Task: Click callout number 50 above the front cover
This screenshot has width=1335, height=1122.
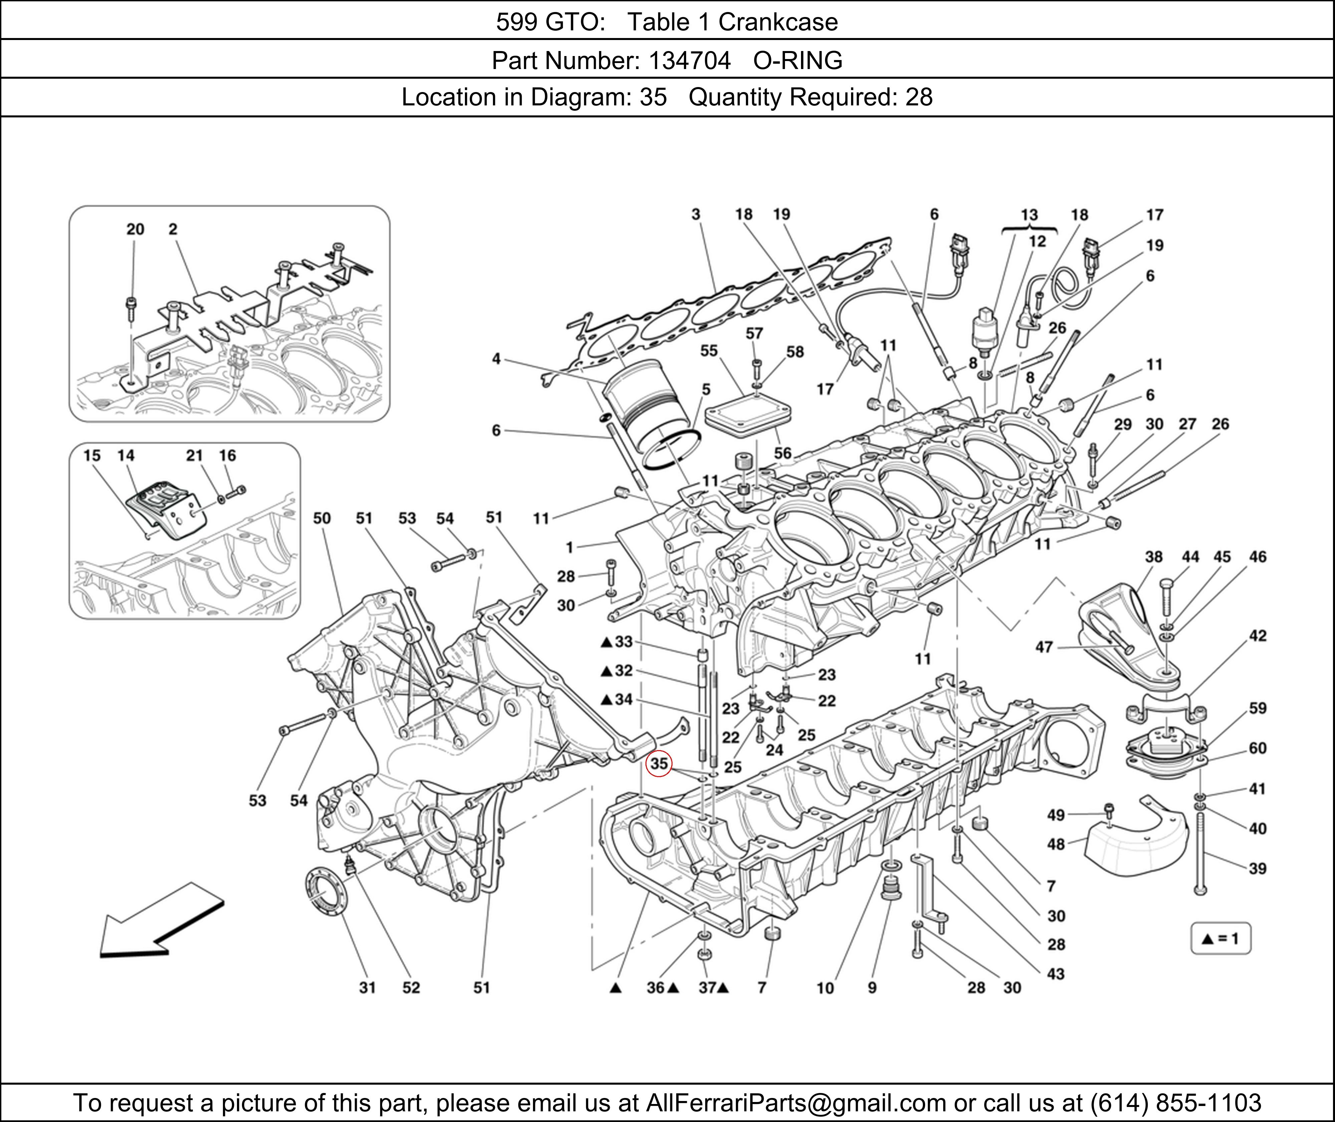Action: (322, 518)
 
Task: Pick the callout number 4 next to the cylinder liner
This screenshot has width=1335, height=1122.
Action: (496, 359)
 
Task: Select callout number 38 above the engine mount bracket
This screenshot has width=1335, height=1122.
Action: (1154, 557)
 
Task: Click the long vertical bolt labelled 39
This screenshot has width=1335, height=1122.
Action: (1200, 856)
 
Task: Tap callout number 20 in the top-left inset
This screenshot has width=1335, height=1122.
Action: (135, 229)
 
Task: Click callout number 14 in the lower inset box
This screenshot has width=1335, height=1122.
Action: (126, 455)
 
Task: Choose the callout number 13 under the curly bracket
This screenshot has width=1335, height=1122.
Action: (1029, 215)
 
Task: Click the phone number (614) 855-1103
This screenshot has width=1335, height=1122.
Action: (1175, 1103)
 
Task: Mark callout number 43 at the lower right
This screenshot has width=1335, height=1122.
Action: (1056, 974)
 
